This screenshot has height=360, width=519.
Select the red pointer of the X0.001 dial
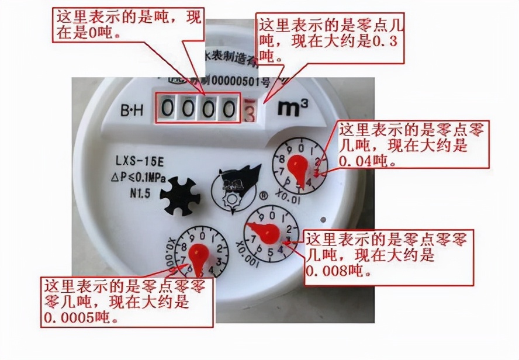tap(268, 234)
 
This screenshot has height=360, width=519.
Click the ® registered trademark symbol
tap(264, 196)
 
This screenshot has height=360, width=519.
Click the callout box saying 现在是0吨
tap(127, 25)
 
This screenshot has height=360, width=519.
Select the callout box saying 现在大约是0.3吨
tap(330, 40)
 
